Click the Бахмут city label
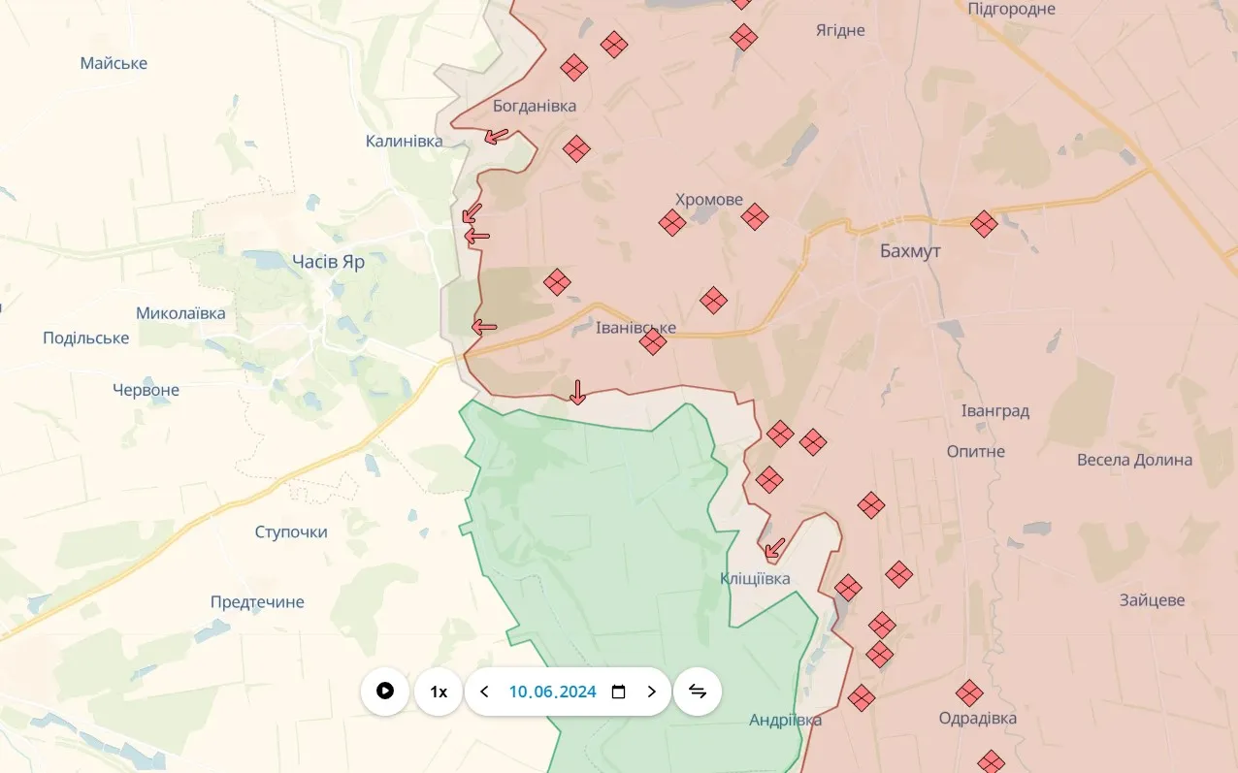(910, 251)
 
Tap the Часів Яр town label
(328, 261)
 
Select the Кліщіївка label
(755, 579)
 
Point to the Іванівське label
(635, 328)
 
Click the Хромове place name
(708, 200)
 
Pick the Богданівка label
(534, 106)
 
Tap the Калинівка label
(404, 141)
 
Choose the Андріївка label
(785, 720)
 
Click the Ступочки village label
(291, 531)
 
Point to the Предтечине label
(257, 602)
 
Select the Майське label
(114, 63)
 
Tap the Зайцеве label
(1152, 600)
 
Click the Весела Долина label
(1134, 460)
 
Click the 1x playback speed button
(439, 692)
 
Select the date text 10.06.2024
(552, 692)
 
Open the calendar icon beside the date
(618, 692)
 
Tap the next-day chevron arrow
(651, 692)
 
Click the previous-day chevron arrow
(485, 692)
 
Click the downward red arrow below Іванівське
(577, 392)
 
